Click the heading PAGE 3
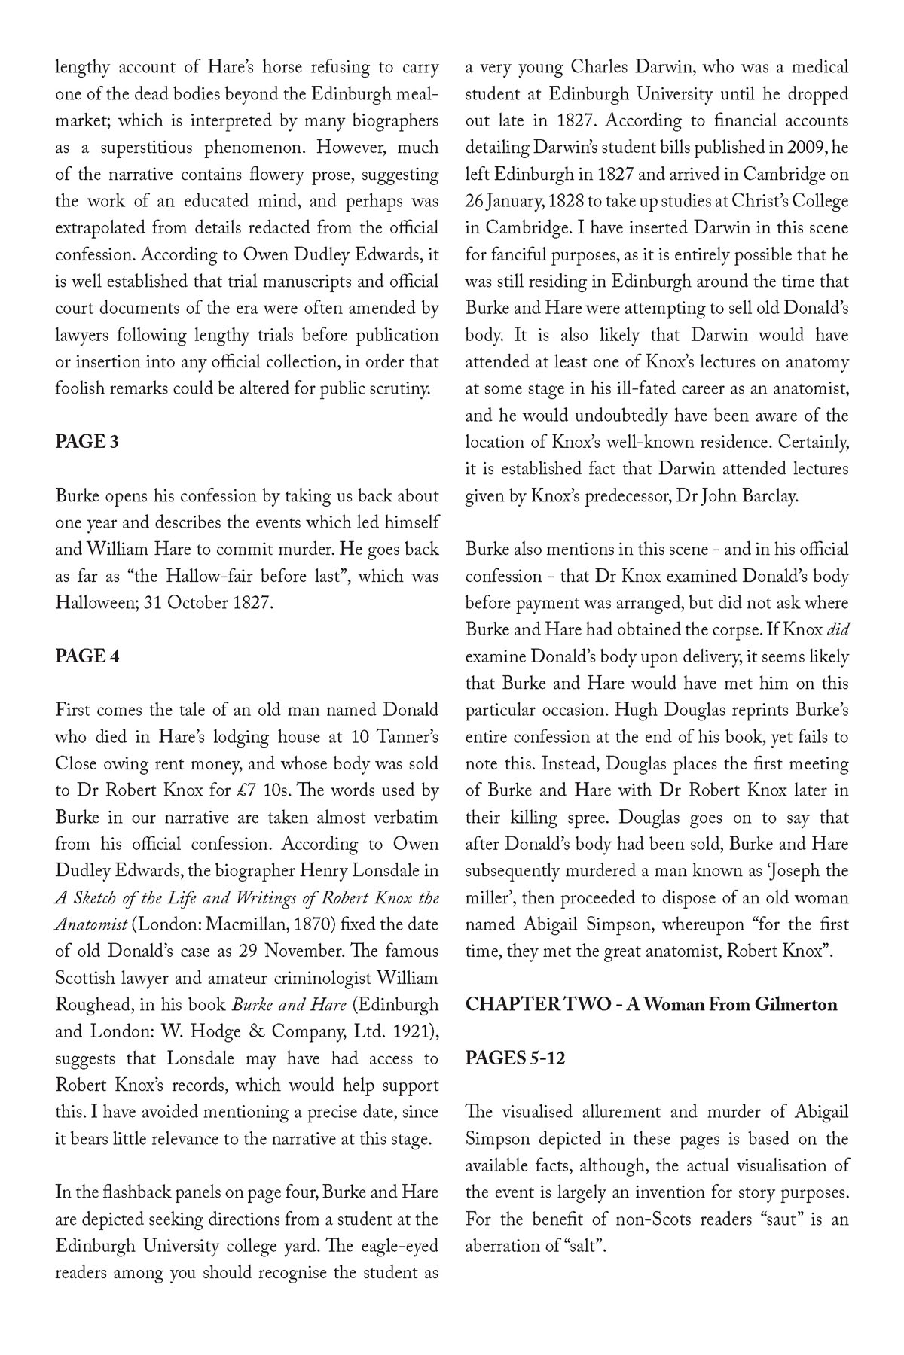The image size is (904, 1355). [87, 442]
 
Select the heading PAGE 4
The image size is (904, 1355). [87, 656]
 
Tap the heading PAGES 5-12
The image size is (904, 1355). [515, 1058]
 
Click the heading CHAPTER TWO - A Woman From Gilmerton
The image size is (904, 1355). [651, 1005]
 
